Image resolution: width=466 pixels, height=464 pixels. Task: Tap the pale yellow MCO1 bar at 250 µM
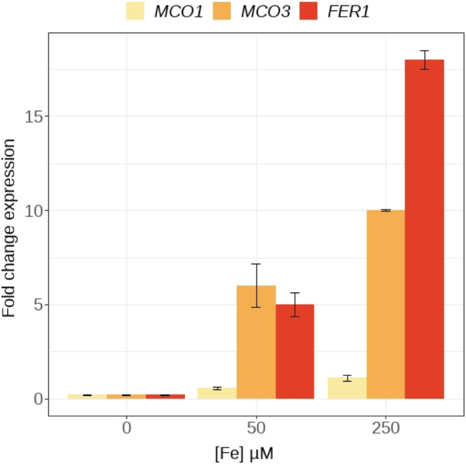coord(347,388)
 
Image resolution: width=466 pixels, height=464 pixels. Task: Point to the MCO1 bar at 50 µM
coord(217,393)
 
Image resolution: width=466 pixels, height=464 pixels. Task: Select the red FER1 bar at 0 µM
coord(165,397)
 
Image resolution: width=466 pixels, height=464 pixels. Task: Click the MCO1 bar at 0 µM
coord(87,397)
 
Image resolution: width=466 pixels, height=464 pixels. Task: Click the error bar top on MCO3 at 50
coord(256,264)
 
